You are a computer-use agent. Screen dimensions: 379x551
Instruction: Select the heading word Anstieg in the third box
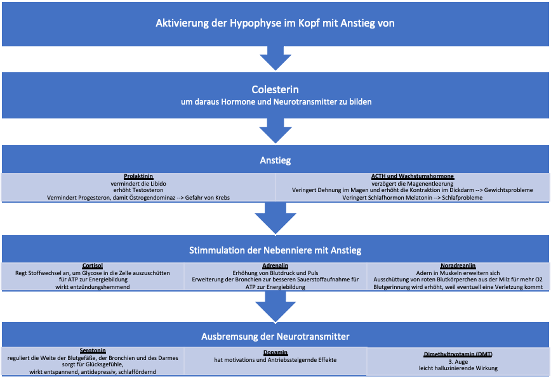tap(275, 160)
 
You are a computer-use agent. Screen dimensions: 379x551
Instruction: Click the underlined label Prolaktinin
tap(138, 176)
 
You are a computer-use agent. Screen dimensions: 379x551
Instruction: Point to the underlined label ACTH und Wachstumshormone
tap(413, 176)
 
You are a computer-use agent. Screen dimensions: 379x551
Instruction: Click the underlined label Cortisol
tap(92, 266)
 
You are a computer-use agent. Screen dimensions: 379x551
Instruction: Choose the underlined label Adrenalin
tap(275, 266)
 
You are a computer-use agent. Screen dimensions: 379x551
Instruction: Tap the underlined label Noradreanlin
tap(458, 266)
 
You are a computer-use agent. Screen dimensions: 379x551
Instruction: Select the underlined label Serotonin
tap(93, 350)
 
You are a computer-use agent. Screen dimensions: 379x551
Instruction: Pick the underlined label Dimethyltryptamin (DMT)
tap(458, 354)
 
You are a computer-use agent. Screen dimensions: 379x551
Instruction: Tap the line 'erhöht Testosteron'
tap(138, 190)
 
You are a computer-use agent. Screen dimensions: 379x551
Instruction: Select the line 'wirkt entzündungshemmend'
tap(92, 287)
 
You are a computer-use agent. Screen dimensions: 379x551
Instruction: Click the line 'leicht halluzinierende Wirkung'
tap(458, 368)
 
